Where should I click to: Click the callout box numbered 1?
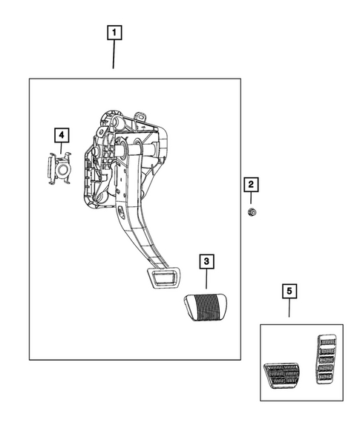tap(114, 33)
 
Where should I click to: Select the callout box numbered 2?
tap(251, 184)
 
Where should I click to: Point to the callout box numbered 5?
tap(289, 292)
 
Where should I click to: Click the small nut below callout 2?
tap(251, 212)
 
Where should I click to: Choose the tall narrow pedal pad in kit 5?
tap(326, 360)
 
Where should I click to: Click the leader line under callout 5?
tap(289, 309)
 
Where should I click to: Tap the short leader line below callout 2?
tap(251, 199)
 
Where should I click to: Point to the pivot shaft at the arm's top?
tap(149, 151)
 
